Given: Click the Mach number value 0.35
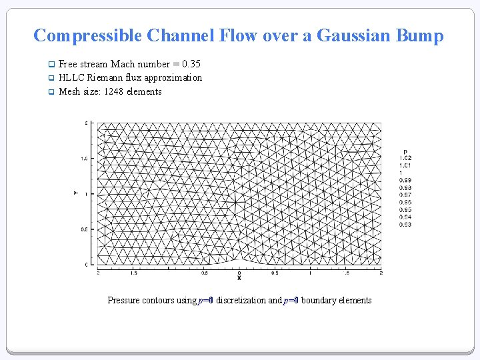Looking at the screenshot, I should [192, 64].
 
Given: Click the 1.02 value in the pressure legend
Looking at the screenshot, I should [405, 158].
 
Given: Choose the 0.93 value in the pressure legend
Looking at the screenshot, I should [405, 225].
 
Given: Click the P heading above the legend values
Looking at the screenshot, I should [405, 151].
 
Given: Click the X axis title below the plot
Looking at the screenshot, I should [239, 278].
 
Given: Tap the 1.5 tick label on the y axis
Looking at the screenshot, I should [85, 159].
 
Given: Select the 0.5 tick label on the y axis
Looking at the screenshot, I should [85, 229].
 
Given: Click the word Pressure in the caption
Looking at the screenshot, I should [124, 300].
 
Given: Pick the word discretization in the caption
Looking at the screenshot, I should [241, 300].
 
